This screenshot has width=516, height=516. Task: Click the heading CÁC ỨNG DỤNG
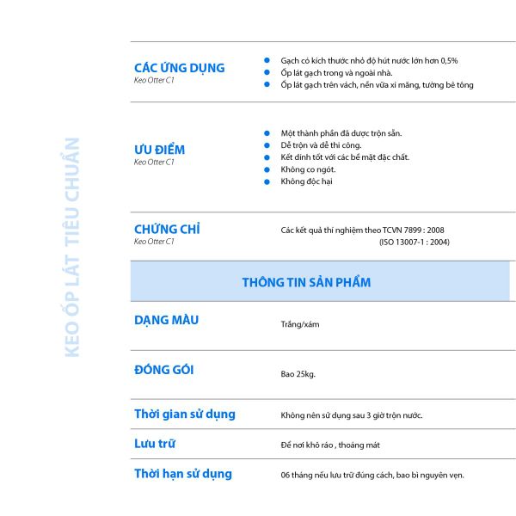click(x=179, y=68)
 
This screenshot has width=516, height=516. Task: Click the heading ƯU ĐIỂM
click(x=159, y=150)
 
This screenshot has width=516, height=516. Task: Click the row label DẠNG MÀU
click(x=166, y=320)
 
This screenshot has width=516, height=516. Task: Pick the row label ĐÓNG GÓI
click(x=163, y=370)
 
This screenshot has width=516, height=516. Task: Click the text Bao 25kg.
click(x=298, y=374)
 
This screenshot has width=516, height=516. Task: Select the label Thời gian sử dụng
click(x=184, y=414)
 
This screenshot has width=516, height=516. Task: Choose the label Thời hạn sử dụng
click(x=182, y=473)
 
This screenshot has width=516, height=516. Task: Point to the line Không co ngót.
click(x=302, y=169)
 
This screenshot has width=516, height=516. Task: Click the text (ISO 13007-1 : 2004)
click(x=414, y=242)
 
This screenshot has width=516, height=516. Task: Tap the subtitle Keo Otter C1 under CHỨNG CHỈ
click(x=154, y=242)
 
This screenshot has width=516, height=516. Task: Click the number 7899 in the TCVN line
click(x=414, y=230)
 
